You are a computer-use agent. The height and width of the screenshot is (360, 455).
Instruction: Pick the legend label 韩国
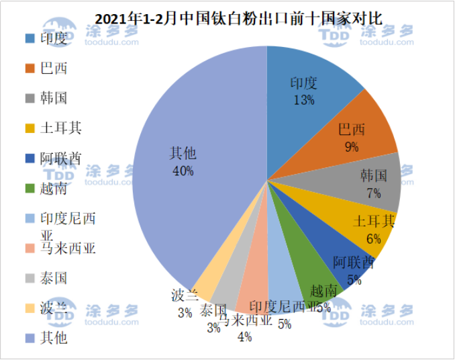click(x=54, y=98)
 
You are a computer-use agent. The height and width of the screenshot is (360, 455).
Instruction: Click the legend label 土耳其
click(x=60, y=128)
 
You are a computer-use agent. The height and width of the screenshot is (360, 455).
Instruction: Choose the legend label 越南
click(x=54, y=188)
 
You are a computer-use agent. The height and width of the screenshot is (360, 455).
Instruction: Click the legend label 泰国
click(x=54, y=278)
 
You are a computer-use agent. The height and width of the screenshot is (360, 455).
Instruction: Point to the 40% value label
click(x=183, y=171)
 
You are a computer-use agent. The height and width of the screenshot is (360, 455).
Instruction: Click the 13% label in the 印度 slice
click(x=304, y=100)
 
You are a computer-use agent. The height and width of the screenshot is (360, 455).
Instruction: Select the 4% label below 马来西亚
click(x=245, y=337)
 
